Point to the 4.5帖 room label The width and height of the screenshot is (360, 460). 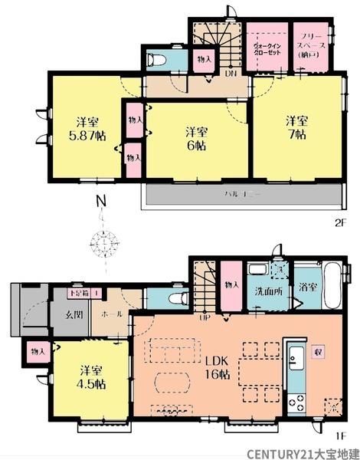[91, 381]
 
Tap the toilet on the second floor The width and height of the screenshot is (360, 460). [156, 60]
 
